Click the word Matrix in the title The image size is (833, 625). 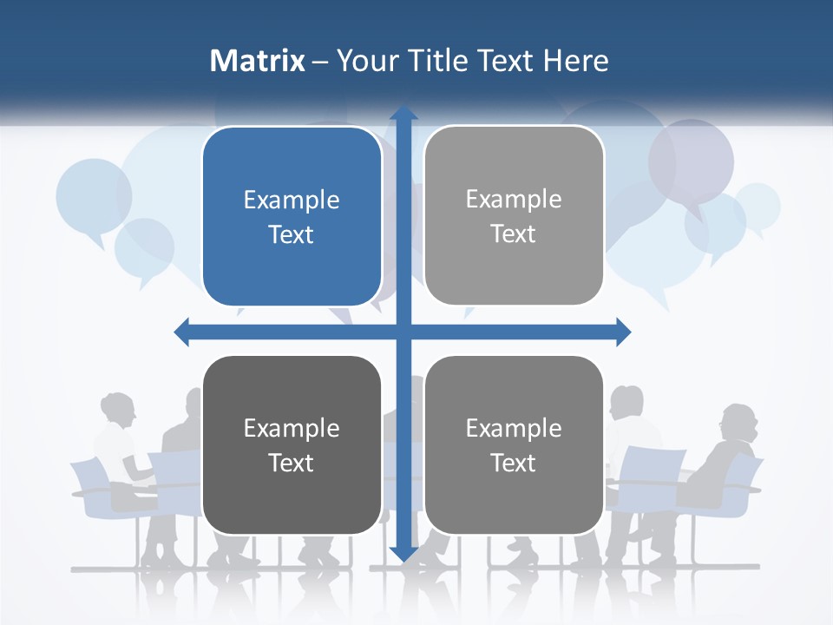tap(258, 61)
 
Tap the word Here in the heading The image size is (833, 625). tap(575, 61)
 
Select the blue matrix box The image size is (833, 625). tap(292, 216)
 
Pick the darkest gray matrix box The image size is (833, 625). tap(292, 444)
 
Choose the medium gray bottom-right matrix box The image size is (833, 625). tap(514, 444)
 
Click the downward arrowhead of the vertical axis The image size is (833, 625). tap(403, 553)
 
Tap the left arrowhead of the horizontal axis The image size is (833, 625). tap(182, 332)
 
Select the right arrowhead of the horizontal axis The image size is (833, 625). tap(623, 332)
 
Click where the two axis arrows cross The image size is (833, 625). tap(403, 332)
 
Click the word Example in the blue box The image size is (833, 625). tap(292, 200)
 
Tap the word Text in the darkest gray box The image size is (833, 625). tap(292, 463)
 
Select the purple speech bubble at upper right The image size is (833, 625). tap(691, 161)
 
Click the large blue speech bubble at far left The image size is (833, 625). tap(94, 196)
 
